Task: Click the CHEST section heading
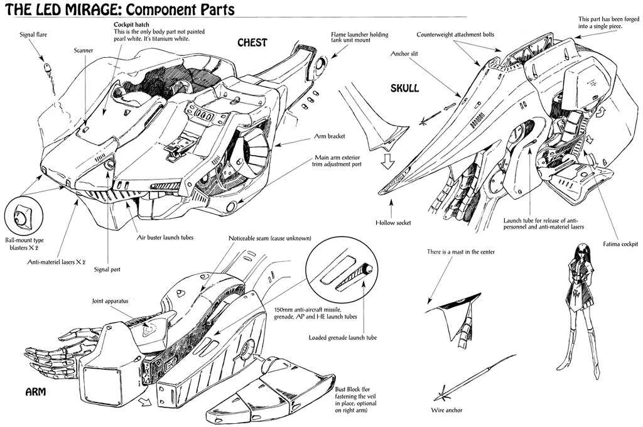pyautogui.click(x=252, y=43)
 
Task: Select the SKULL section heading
pyautogui.click(x=403, y=89)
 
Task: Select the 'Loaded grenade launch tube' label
pyautogui.click(x=343, y=338)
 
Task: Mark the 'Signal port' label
pyautogui.click(x=106, y=269)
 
